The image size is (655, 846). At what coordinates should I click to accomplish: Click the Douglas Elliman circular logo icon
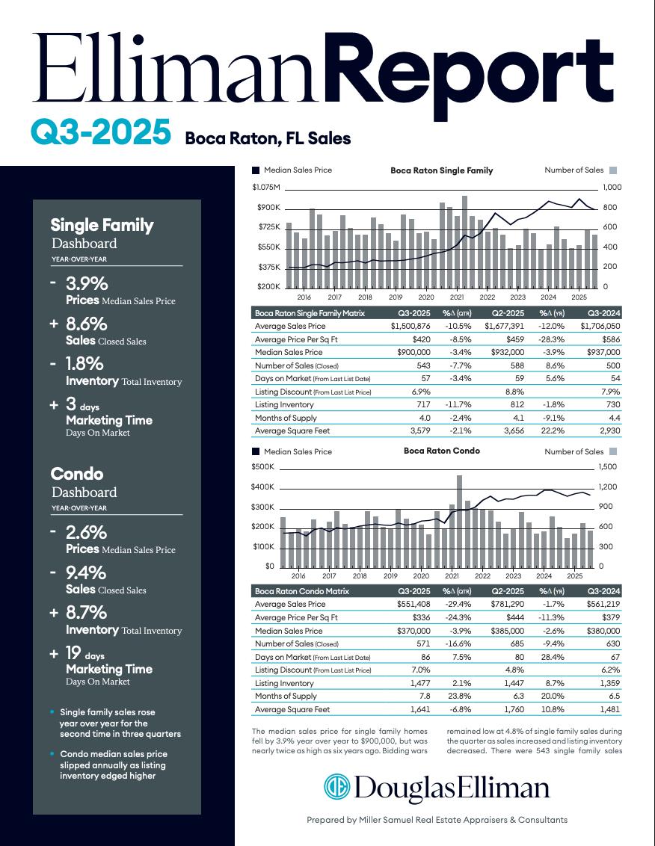pos(336,788)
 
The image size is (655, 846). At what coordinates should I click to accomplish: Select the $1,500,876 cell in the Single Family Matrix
pos(410,326)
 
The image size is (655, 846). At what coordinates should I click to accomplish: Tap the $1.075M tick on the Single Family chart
pos(266,187)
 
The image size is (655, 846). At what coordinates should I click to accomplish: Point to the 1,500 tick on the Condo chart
pos(608,467)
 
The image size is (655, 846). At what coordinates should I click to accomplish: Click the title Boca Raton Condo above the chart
pos(441,451)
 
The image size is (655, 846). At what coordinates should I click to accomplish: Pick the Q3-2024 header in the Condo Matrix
pos(604,591)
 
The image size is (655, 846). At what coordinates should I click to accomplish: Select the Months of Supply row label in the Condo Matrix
pos(286,696)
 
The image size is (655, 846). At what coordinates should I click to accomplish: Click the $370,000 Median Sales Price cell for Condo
pos(413,630)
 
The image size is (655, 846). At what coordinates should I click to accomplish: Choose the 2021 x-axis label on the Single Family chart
pos(457,297)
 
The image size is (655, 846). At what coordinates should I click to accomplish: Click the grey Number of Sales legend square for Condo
pos(613,451)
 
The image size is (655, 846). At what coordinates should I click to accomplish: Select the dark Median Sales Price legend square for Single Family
pos(256,170)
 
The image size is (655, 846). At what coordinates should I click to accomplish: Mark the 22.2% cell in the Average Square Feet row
pos(550,430)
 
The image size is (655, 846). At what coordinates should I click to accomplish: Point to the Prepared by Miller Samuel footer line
pos(437,820)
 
